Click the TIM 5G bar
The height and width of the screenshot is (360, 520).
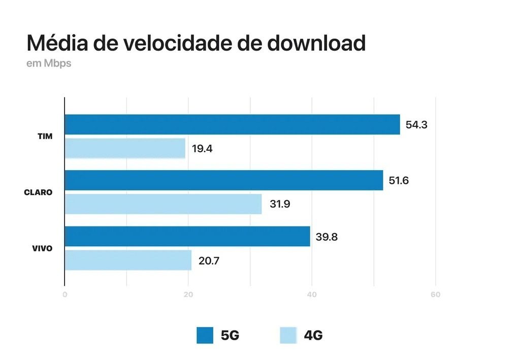[232, 124]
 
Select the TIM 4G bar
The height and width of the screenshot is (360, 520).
[125, 148]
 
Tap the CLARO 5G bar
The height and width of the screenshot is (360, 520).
[223, 180]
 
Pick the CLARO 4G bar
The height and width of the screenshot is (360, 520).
[163, 204]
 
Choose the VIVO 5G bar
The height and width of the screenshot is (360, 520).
[187, 236]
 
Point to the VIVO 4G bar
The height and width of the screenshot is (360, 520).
[128, 260]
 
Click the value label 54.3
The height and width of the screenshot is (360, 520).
[416, 124]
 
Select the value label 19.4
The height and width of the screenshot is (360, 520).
[202, 149]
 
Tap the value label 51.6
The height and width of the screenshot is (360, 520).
[399, 180]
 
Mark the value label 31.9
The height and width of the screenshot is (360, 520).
[279, 205]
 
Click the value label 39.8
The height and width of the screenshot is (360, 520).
[327, 237]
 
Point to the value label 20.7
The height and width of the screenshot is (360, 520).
[209, 261]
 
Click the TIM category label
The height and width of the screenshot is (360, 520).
[45, 137]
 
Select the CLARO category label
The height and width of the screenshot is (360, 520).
[38, 192]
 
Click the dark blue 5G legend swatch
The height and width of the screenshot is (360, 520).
[205, 335]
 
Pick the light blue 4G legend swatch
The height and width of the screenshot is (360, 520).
[288, 335]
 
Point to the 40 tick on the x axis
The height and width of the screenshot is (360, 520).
[312, 295]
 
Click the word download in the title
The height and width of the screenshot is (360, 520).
[316, 43]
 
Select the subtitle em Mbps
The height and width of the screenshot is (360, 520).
[49, 64]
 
